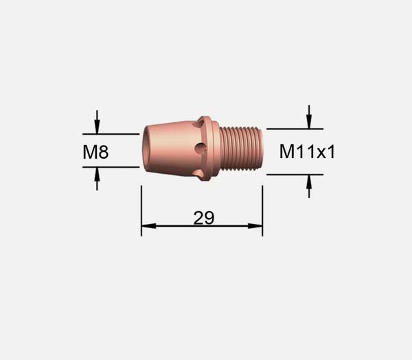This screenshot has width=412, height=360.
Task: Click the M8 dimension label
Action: pos(95,152)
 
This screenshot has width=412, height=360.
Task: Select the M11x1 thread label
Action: pos(307,151)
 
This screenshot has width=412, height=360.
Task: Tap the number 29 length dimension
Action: pos(204,218)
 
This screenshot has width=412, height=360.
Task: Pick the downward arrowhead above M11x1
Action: pos(309,122)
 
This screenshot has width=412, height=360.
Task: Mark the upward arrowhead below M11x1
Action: pos(309,182)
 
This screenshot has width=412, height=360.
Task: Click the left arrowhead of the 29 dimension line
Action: pos(149,226)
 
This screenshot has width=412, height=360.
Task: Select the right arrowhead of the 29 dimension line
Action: pos(255,226)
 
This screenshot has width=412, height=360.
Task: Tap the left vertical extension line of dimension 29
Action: pos(141,211)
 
